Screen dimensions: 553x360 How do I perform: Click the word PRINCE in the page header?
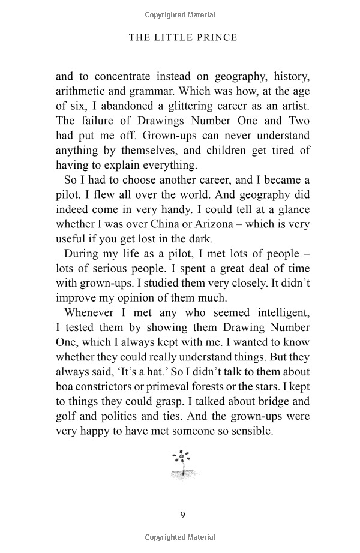click(x=216, y=37)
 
